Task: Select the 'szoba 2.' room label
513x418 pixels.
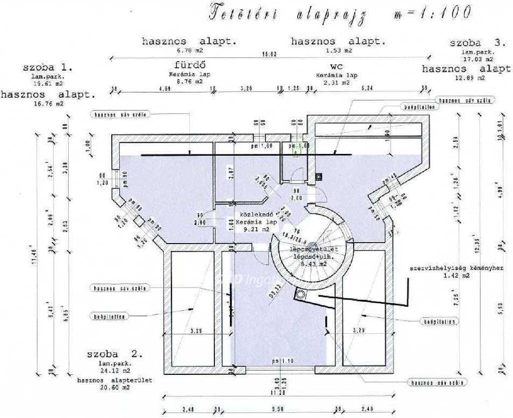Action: click(x=115, y=354)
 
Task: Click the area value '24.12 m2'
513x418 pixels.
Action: click(x=115, y=371)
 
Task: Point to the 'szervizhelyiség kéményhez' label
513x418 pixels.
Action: click(x=456, y=268)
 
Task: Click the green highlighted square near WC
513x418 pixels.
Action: click(x=296, y=148)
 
